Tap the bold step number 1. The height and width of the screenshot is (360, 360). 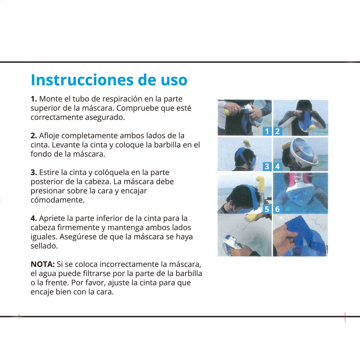[34, 99]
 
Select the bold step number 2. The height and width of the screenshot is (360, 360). [34, 136]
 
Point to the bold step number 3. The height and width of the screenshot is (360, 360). [34, 172]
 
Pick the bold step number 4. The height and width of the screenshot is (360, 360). [34, 218]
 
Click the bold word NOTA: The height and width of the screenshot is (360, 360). [43, 264]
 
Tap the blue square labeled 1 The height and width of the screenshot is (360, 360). [267, 131]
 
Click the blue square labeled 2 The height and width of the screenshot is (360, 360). [277, 131]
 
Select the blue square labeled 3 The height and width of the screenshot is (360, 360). [267, 166]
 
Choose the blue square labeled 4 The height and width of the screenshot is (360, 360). [277, 166]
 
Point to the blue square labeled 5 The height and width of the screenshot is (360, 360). [267, 209]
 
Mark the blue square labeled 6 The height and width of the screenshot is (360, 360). [277, 209]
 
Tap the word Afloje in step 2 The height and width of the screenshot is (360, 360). [49, 136]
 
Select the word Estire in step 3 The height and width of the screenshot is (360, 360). [48, 172]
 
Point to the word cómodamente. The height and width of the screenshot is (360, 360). [58, 200]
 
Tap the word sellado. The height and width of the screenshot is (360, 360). [44, 246]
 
